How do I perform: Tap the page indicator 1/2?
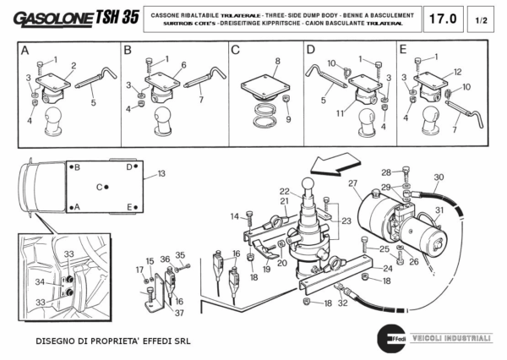pyautogui.click(x=482, y=18)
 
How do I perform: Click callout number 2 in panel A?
pyautogui.click(x=74, y=65)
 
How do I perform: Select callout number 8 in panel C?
pyautogui.click(x=276, y=62)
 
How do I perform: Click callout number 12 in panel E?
pyautogui.click(x=457, y=72)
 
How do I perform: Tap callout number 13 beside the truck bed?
pyautogui.click(x=161, y=174)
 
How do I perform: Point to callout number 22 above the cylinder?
pyautogui.click(x=285, y=191)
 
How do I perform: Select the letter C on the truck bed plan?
pyautogui.click(x=100, y=187)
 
